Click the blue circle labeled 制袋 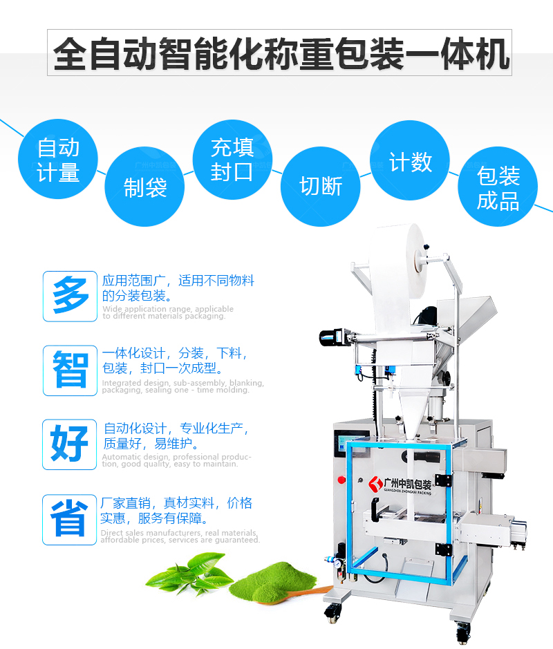coord(145,187)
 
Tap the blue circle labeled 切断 coord(320,186)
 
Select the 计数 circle coord(410,162)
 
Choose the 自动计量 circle coord(58,160)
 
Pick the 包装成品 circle coord(498,187)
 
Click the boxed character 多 coord(70,296)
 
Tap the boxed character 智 coord(70,370)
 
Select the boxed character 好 coord(70,444)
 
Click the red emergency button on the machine coord(341,478)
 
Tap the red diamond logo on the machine coord(375,483)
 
